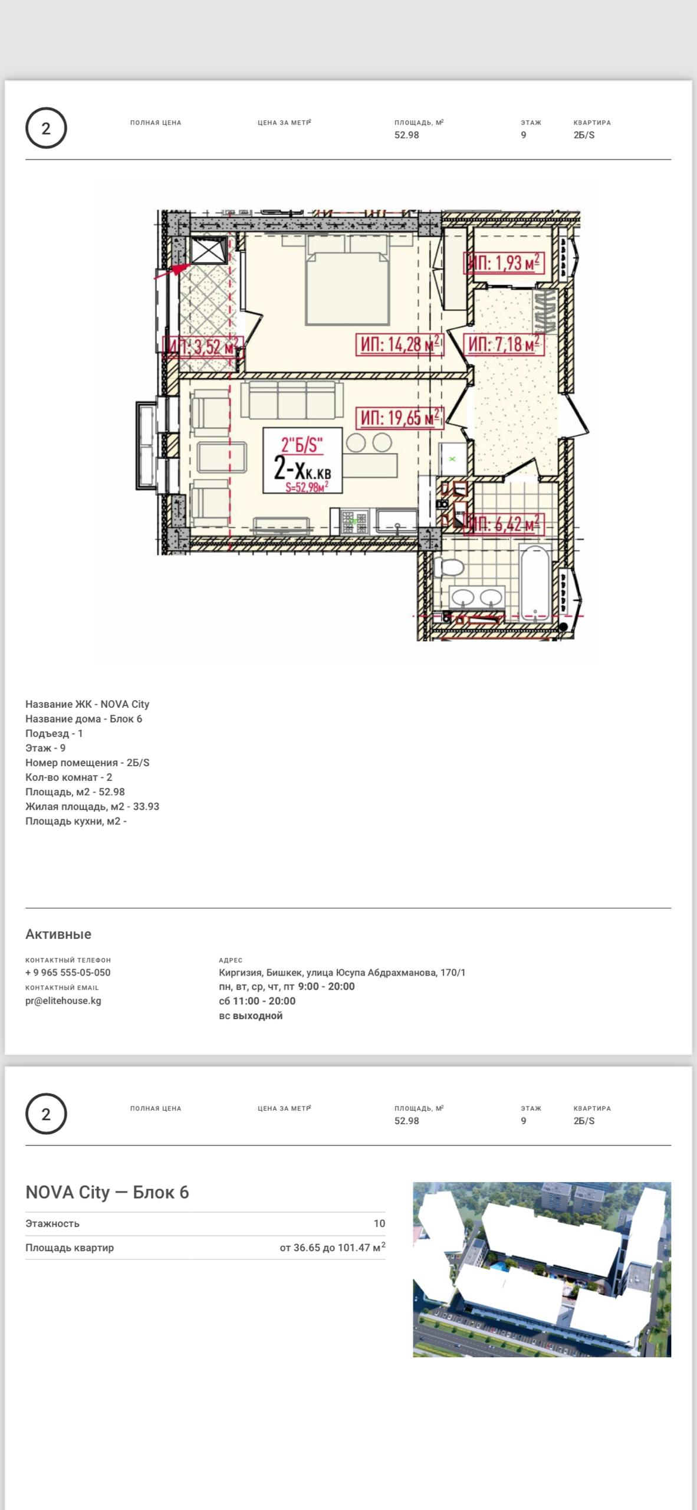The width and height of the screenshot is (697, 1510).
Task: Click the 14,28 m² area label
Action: [399, 344]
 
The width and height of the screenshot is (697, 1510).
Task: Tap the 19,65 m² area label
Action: [399, 418]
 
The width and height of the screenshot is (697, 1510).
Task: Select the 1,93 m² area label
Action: [503, 262]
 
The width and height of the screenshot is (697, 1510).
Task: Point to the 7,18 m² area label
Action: [503, 344]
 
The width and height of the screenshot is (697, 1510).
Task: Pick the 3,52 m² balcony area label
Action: [203, 346]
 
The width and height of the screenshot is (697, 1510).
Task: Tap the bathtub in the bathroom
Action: [535, 583]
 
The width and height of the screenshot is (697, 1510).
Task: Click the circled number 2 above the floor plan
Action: [46, 128]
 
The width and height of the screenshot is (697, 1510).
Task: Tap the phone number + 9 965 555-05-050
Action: [68, 973]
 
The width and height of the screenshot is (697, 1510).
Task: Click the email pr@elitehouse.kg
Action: [63, 1001]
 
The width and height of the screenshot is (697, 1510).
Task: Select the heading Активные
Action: [58, 934]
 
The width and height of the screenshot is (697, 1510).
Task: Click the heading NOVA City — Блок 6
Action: [107, 1192]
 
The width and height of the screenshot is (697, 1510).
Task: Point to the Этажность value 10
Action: [379, 1223]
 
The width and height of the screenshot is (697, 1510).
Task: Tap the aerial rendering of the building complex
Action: [542, 1269]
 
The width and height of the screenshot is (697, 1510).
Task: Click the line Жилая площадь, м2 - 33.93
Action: [92, 806]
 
